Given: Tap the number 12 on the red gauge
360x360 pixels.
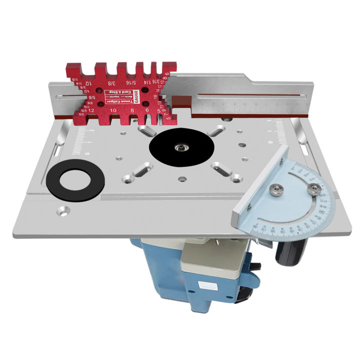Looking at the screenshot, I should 92,109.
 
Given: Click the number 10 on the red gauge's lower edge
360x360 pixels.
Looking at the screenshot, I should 113,110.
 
